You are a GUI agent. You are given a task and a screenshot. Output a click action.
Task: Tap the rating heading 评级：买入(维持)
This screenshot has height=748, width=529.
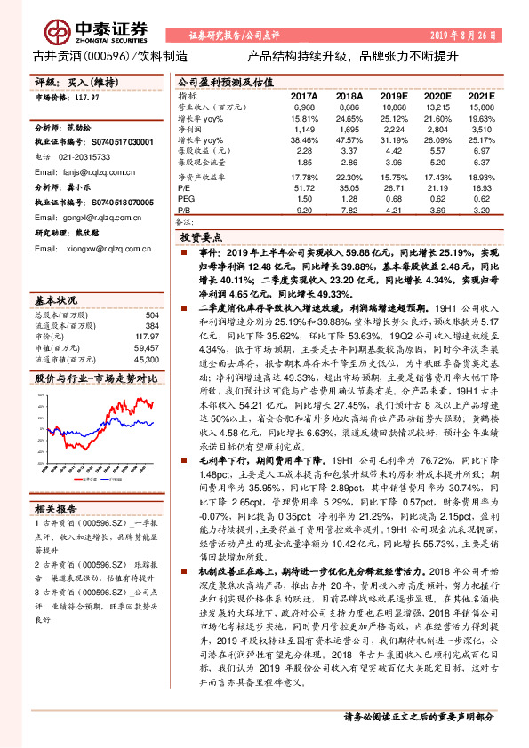tap(75, 82)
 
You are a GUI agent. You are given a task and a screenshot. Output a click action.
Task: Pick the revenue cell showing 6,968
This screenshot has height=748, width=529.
tap(304, 107)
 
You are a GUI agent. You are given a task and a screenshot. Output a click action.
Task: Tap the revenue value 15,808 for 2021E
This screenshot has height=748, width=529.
tap(480, 107)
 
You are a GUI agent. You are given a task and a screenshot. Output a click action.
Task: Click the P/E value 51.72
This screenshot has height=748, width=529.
tap(304, 188)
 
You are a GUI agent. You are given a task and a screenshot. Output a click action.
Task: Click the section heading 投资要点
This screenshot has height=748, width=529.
tap(199, 239)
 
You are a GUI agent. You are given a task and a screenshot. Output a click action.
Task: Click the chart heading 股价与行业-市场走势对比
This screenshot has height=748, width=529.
tap(96, 378)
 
